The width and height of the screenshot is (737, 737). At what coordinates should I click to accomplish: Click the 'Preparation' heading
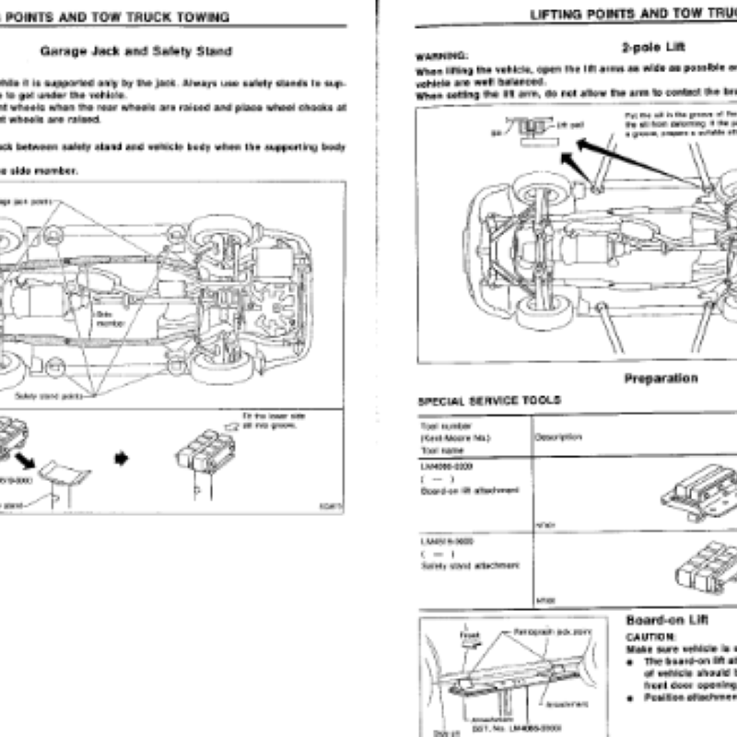pos(661,378)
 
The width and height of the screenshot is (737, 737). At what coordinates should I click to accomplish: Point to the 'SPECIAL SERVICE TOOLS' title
pos(489,401)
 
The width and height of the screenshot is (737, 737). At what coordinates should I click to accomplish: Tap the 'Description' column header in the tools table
pos(556,439)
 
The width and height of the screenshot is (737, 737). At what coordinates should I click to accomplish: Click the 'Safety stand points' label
pos(46,395)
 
